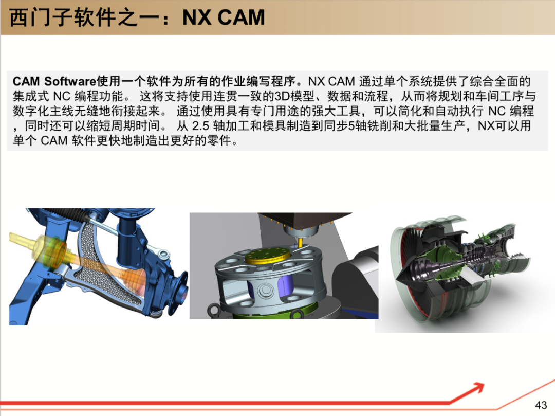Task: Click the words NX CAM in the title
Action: coord(224,17)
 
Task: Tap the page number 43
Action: coord(541,405)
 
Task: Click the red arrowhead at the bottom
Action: coord(478,388)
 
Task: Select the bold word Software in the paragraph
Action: coord(70,81)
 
